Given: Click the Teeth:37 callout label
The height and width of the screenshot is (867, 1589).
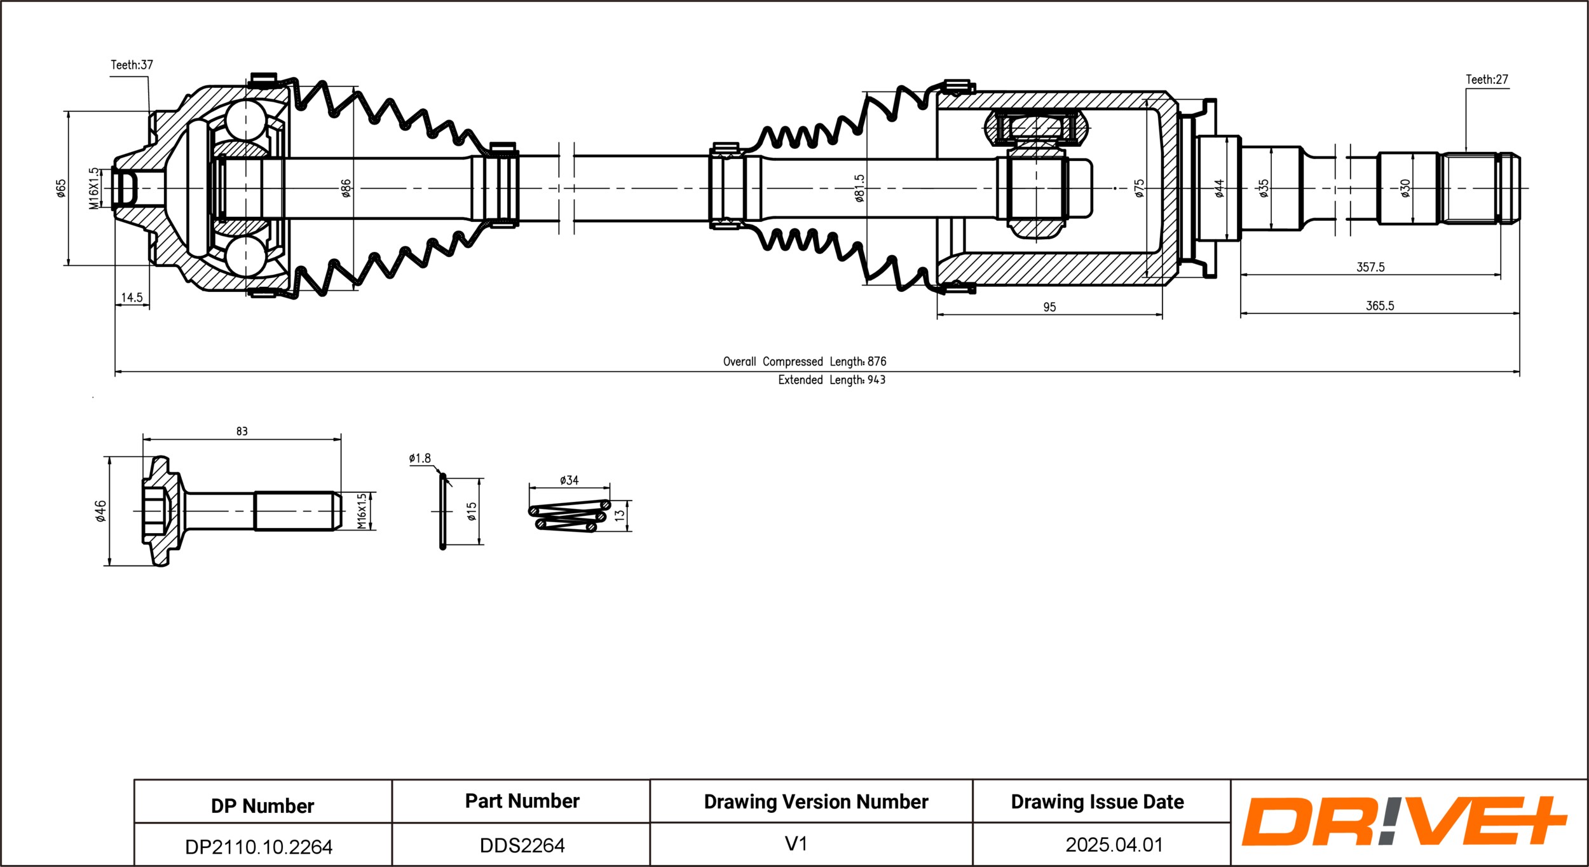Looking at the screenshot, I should pos(132,65).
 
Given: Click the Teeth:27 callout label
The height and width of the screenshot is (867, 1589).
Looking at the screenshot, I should pos(1487,80).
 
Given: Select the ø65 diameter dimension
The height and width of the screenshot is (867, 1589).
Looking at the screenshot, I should pos(61,188).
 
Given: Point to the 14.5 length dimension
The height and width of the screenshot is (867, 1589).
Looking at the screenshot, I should pos(132,298).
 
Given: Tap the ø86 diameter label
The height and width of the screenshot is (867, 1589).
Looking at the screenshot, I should pos(346,188).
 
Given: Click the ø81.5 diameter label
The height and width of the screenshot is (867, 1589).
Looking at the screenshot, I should pos(859,188).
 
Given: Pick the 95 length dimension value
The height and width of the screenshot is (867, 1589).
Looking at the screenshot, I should pos(1049,307).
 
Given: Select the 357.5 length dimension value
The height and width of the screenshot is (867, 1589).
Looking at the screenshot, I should pos(1370,267).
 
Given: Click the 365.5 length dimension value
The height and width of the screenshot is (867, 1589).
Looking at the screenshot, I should pos(1380,306).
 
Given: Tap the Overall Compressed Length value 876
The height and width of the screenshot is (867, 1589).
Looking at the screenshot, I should pos(876,361).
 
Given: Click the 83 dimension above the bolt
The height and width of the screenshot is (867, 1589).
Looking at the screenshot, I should pos(242,431).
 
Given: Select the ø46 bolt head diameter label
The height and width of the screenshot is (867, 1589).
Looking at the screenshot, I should pos(100,511).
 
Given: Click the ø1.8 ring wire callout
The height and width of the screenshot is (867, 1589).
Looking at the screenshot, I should pos(419,458).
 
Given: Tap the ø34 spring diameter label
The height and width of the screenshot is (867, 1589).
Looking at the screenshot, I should pos(569,480).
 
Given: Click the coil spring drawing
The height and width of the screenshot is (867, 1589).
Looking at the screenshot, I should pos(569,516).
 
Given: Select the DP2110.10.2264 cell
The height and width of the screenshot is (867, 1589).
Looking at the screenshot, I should pos(259,847).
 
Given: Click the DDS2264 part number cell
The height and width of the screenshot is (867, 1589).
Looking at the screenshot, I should pos(522,845).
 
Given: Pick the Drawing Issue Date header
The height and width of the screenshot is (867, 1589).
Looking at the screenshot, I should pos(1097,801).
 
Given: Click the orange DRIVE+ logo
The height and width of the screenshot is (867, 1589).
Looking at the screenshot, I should pos(1404,821).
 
